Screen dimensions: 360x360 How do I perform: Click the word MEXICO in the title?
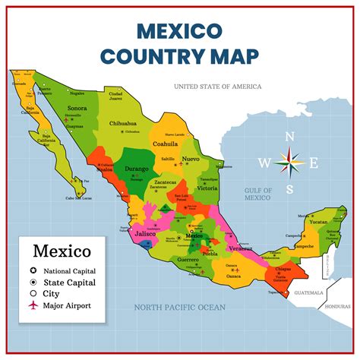pyautogui.click(x=180, y=30)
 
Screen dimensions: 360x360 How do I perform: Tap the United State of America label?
pyautogui.click(x=217, y=87)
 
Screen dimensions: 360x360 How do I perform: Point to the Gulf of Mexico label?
pyautogui.click(x=257, y=193)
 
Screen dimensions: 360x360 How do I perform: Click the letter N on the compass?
pyautogui.click(x=289, y=137)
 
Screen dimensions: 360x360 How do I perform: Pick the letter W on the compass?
pyautogui.click(x=264, y=162)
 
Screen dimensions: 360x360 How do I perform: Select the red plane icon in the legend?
pyautogui.click(x=33, y=305)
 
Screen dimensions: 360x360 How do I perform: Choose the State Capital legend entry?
pyautogui.click(x=71, y=282)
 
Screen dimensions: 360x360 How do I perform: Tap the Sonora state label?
pyautogui.click(x=77, y=109)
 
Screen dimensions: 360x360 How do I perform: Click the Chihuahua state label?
pyautogui.click(x=122, y=122)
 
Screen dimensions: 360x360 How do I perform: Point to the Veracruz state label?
pyautogui.click(x=241, y=248)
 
